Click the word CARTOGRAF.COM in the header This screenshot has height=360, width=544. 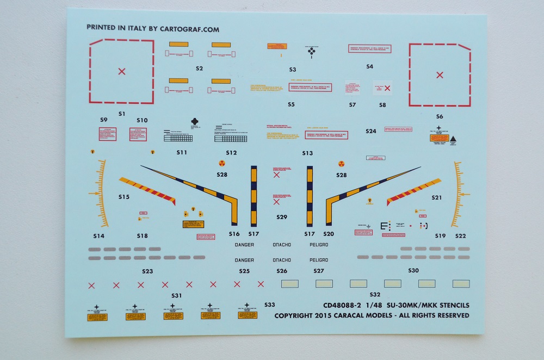pos(191,29)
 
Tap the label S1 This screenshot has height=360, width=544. pos(121,114)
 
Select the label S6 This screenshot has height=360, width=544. pos(440,116)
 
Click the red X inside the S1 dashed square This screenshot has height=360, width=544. pos(122,71)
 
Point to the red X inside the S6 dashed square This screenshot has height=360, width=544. pos(440,75)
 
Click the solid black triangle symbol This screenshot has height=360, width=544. pos(453,140)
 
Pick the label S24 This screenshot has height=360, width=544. pos(371,131)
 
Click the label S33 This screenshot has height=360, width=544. pos(269,305)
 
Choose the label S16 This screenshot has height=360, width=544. pos(234,234)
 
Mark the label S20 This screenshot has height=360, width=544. pos(329,234)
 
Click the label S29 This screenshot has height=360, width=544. pos(281,217)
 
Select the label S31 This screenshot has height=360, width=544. pos(176,296)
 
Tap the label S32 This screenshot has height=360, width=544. pos(374,294)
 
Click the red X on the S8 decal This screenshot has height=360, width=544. pos(387,87)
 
